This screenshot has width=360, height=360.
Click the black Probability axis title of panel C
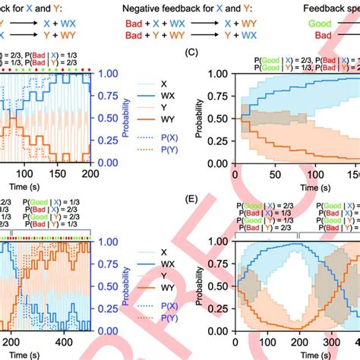[201, 118]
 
